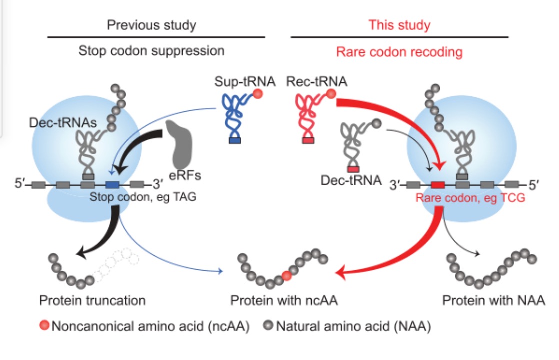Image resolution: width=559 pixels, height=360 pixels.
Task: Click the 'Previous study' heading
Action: click(x=152, y=25)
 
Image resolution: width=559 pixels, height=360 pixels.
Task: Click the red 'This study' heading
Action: click(x=399, y=25)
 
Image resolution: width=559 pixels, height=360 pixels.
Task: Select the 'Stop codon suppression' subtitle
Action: click(x=152, y=51)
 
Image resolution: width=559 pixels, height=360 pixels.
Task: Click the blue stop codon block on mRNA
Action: click(x=112, y=185)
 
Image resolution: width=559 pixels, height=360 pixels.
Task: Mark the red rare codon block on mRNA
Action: click(x=437, y=185)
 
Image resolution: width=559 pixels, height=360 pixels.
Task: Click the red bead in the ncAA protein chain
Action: click(x=287, y=274)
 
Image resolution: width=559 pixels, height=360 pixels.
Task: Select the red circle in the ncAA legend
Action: click(x=44, y=327)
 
